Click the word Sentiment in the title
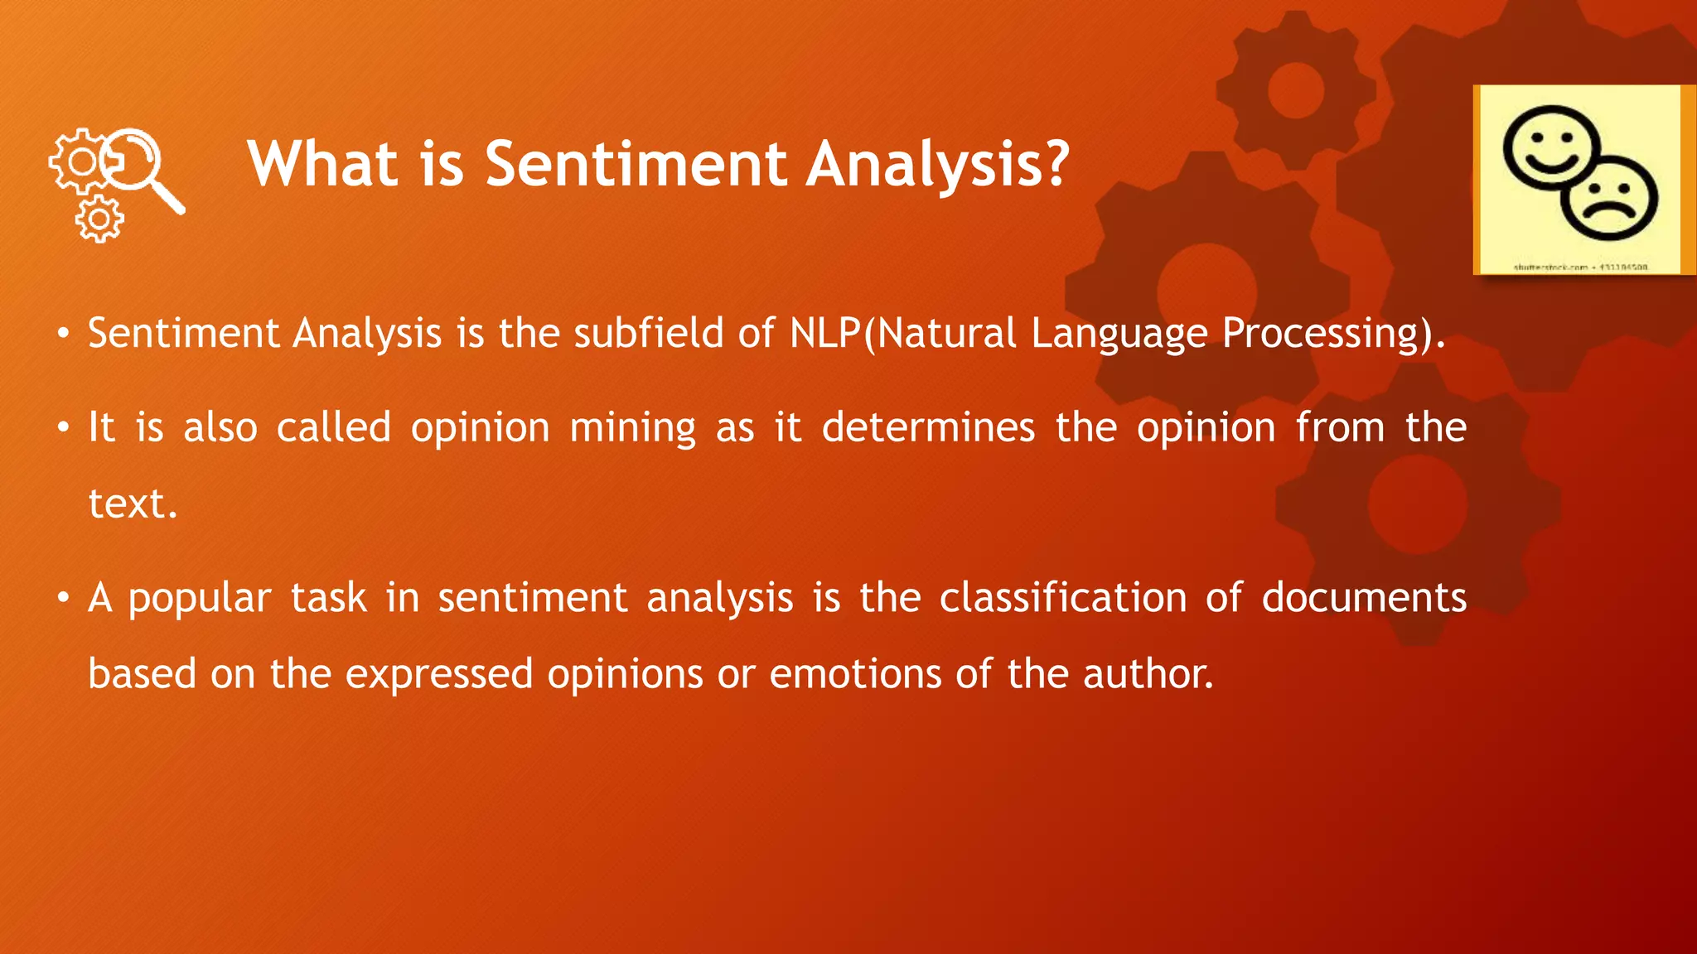click(x=636, y=164)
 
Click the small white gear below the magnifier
click(x=99, y=219)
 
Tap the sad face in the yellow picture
click(x=1610, y=199)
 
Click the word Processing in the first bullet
click(x=1322, y=334)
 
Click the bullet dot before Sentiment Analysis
click(x=63, y=335)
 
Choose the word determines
click(x=928, y=428)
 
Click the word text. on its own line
click(x=133, y=503)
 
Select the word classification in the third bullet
click(x=1063, y=598)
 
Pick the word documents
click(x=1364, y=598)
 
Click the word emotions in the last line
click(x=855, y=674)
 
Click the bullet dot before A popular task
click(x=63, y=599)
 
